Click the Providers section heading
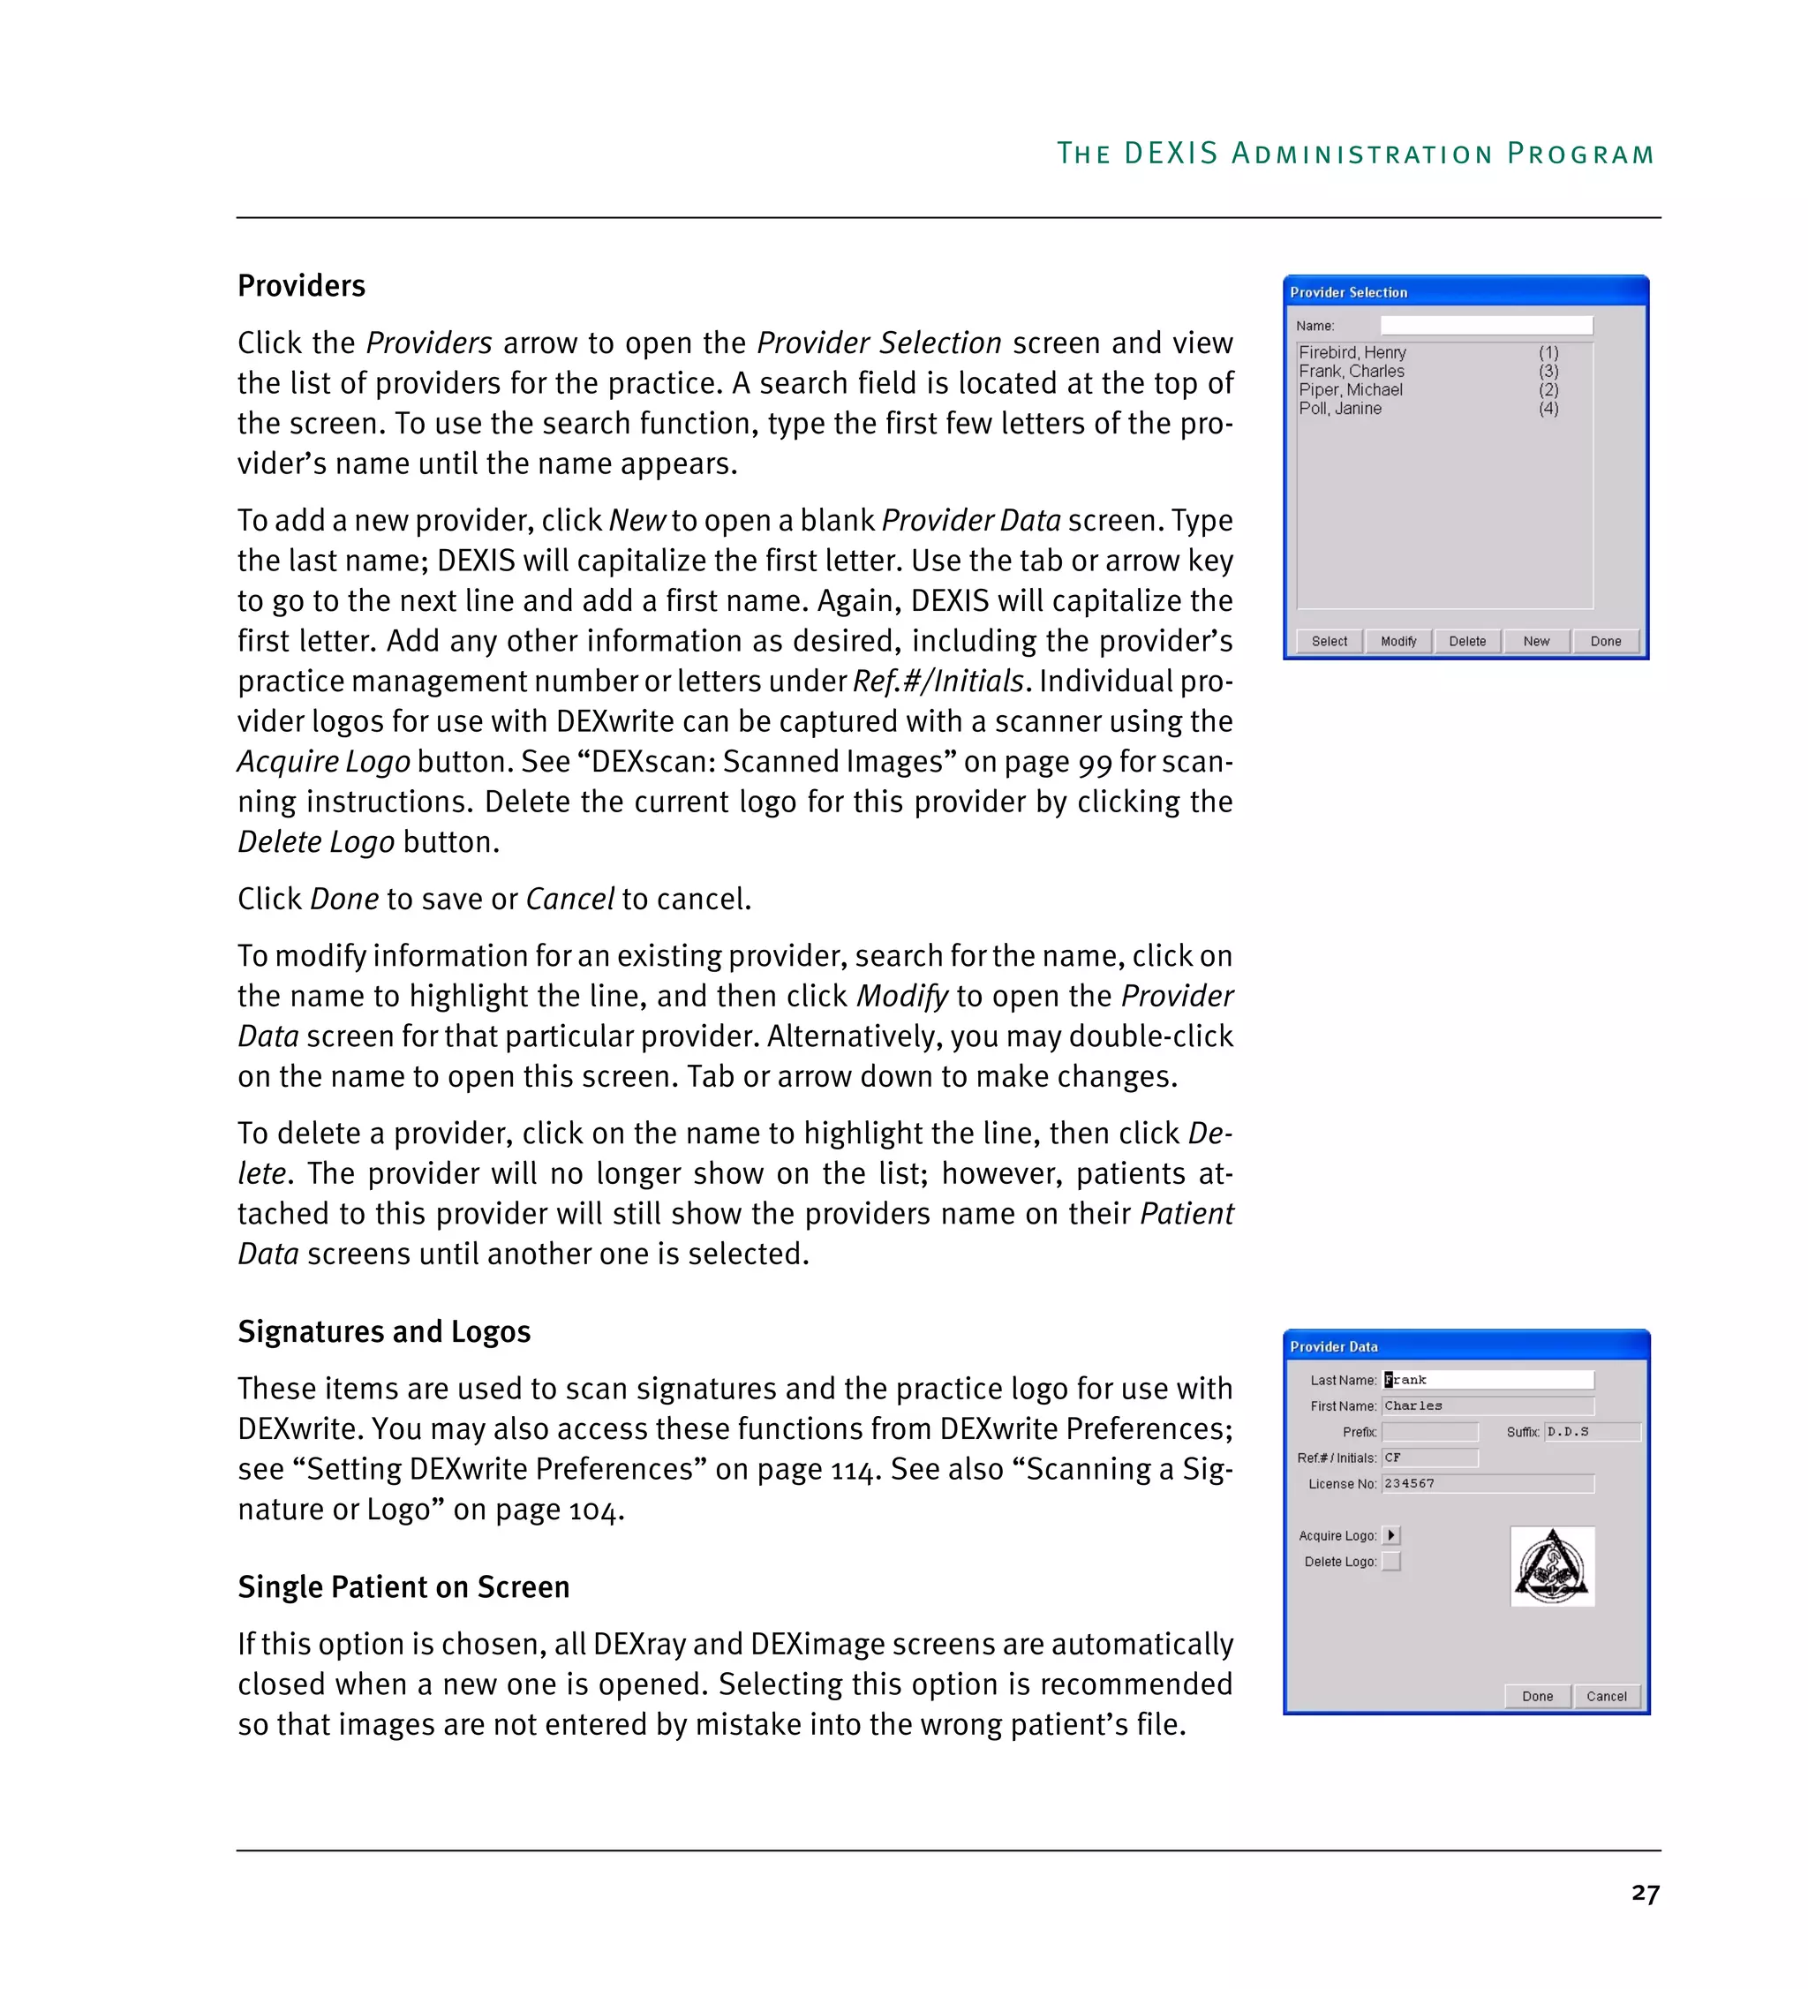(x=301, y=286)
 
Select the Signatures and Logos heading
(x=384, y=1332)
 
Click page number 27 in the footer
(x=1645, y=1894)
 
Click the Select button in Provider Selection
(x=1329, y=641)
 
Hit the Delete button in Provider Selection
(x=1466, y=641)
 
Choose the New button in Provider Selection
(x=1536, y=641)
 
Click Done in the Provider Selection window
(x=1605, y=641)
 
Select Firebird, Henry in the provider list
(x=1352, y=352)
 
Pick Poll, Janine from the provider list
(x=1339, y=409)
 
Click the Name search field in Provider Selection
(x=1486, y=326)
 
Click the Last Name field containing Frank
(x=1488, y=1380)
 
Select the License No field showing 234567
(x=1488, y=1484)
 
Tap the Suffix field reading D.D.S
(x=1591, y=1432)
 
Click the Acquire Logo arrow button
(x=1390, y=1536)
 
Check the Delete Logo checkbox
(x=1390, y=1562)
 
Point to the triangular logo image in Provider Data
(x=1552, y=1567)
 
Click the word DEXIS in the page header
(x=1171, y=154)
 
